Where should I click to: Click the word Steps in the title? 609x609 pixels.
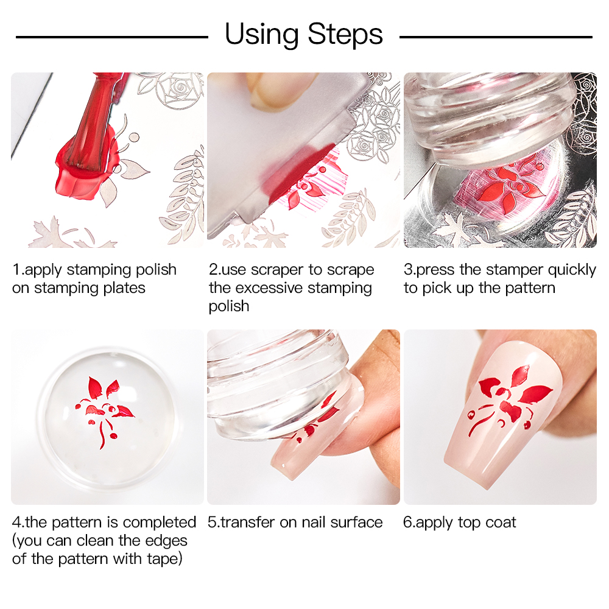pyautogui.click(x=345, y=35)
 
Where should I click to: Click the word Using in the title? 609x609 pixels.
pyautogui.click(x=261, y=35)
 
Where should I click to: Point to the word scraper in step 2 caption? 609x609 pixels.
pyautogui.click(x=278, y=270)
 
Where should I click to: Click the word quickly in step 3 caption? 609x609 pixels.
pyautogui.click(x=572, y=270)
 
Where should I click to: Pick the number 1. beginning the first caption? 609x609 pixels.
pyautogui.click(x=18, y=270)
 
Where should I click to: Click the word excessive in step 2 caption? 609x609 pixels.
pyautogui.click(x=269, y=288)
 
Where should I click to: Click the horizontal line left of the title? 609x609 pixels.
pyautogui.click(x=112, y=37)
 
